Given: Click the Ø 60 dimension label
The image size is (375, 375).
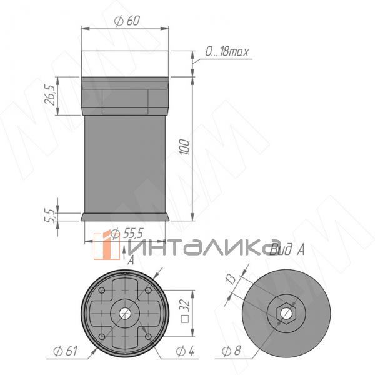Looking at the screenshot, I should pyautogui.click(x=127, y=20).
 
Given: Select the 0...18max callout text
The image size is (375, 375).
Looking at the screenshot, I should pyautogui.click(x=226, y=51).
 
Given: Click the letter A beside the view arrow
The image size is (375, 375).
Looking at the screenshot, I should pyautogui.click(x=131, y=261).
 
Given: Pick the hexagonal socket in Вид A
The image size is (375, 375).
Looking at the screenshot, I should pyautogui.click(x=286, y=312).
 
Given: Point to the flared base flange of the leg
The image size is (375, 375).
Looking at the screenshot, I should pyautogui.click(x=126, y=217).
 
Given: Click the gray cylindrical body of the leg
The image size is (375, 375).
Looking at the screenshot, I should pyautogui.click(x=126, y=162).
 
